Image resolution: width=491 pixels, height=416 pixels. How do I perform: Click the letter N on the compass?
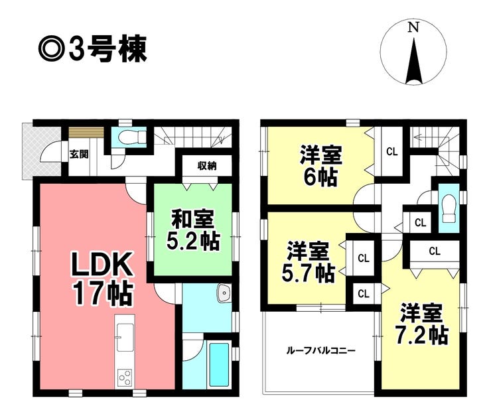[x=413, y=28]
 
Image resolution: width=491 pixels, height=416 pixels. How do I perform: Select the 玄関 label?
[x=78, y=155]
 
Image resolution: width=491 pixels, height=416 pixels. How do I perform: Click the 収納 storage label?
[x=207, y=166]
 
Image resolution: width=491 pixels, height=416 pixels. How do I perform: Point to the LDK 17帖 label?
[x=102, y=281]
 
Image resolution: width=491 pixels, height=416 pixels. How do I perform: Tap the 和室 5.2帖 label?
[x=193, y=230]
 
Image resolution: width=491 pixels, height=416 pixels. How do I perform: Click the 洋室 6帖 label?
[x=320, y=166]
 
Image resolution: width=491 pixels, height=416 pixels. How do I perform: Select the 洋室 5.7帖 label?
[x=309, y=261]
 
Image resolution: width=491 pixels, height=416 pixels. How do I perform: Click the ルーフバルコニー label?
[x=320, y=350]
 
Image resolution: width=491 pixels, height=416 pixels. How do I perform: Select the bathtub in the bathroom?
[x=219, y=365]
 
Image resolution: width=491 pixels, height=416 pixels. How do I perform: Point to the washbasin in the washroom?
[x=224, y=293]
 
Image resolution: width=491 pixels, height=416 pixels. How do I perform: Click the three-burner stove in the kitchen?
[x=125, y=378]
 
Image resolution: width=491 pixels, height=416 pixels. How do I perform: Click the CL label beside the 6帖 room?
[x=391, y=152]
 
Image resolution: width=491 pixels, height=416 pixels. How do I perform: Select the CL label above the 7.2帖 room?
[x=435, y=251]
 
